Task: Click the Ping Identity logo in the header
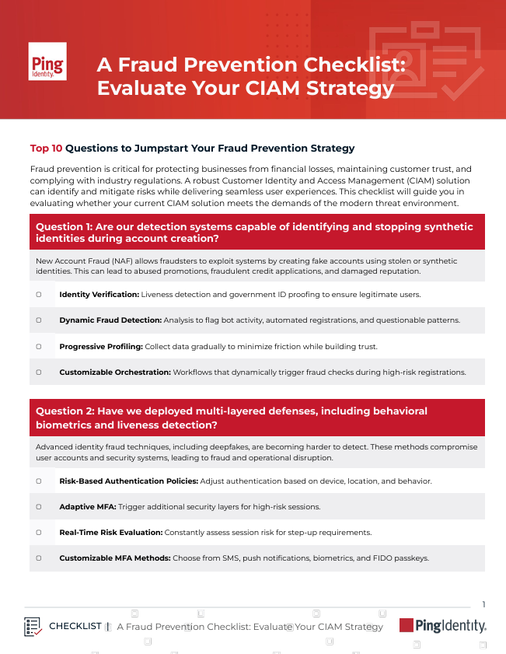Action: point(47,61)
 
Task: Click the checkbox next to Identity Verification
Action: point(38,295)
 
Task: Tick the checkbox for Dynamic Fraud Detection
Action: point(38,320)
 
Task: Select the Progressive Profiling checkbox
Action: point(38,345)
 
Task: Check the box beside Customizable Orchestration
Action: point(38,372)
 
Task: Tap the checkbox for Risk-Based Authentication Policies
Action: point(38,481)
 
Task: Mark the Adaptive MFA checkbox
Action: point(38,506)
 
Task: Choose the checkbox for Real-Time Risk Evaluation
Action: point(38,532)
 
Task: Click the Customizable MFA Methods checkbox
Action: point(38,558)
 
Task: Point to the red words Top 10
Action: point(46,148)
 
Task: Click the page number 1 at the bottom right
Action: point(483,604)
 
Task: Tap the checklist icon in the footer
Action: point(33,626)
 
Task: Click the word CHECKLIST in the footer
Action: point(75,626)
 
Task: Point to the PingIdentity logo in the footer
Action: point(442,625)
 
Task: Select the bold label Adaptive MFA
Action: point(86,506)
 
